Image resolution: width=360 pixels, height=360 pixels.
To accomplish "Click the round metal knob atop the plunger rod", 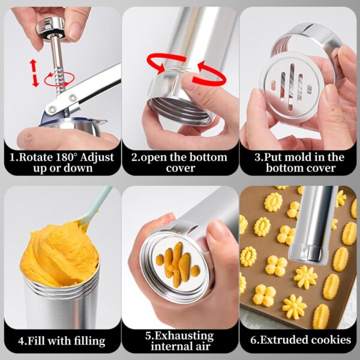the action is tap(51, 27).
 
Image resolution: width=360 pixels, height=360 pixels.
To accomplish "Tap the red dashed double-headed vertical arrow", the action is tap(34, 73).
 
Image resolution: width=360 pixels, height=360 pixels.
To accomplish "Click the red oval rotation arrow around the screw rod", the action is tap(59, 79).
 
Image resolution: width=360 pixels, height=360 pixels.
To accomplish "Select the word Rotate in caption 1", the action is tap(36, 157).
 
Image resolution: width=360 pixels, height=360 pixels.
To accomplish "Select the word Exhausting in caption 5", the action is tap(182, 336).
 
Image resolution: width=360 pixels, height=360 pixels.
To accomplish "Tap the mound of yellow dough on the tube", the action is tap(59, 254).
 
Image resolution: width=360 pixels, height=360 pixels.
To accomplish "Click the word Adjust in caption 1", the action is tap(97, 158).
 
